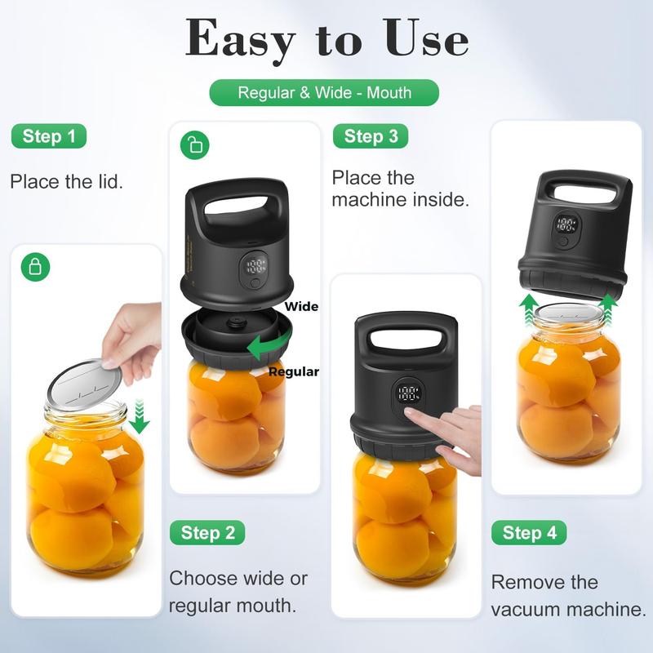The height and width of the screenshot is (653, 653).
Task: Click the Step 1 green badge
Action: [x=49, y=136]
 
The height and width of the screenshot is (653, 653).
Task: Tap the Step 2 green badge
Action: [x=207, y=533]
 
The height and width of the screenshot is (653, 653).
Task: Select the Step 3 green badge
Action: [x=371, y=136]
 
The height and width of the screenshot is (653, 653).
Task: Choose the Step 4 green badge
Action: [x=529, y=533]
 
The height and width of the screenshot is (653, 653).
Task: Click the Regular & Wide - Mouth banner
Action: [x=324, y=92]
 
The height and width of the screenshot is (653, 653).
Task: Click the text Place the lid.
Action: [x=67, y=181]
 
